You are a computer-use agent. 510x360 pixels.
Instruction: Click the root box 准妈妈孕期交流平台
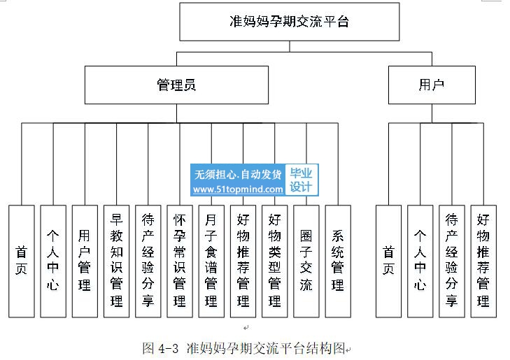tap(290, 22)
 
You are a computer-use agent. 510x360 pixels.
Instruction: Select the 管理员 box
tap(176, 85)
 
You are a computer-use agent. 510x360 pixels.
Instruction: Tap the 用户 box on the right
tap(432, 85)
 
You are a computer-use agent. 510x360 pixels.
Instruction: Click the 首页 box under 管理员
tap(22, 261)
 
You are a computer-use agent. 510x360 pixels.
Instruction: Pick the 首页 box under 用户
tap(389, 261)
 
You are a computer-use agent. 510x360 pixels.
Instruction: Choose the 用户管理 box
tap(85, 261)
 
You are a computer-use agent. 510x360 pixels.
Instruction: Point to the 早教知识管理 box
tap(116, 261)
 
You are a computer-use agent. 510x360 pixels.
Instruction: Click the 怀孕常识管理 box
tap(180, 261)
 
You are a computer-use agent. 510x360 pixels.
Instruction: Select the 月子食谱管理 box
tap(211, 261)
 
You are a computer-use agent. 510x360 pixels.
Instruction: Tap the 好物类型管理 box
tap(275, 261)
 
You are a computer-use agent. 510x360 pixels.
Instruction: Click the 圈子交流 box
tap(306, 261)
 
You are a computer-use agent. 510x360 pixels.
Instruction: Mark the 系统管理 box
tap(338, 261)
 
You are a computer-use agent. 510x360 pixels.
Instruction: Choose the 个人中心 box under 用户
tap(420, 261)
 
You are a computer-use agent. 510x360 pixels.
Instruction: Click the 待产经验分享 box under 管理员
tap(148, 261)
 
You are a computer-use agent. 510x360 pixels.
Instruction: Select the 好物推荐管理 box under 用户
tap(483, 261)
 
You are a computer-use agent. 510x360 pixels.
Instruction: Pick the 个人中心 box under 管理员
tap(53, 261)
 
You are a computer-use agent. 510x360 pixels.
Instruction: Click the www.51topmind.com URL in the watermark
tap(238, 189)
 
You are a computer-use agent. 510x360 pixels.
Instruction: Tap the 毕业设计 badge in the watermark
tap(302, 180)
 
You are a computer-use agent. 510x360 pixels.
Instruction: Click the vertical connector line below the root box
tap(290, 46)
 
